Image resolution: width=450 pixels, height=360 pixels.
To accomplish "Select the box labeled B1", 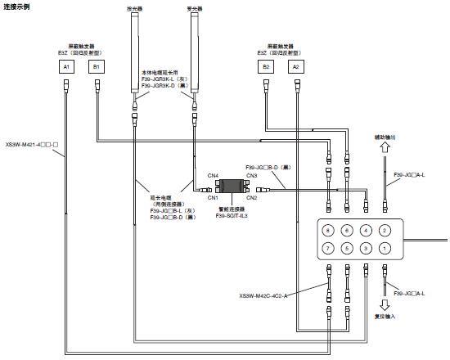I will [x=96, y=65].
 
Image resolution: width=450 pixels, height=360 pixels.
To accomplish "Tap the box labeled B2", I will [x=266, y=65].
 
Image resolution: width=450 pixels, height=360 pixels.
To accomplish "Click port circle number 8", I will [x=327, y=231].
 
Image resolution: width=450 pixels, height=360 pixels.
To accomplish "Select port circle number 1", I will [x=385, y=247].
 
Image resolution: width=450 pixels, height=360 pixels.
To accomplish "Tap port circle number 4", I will [x=366, y=231].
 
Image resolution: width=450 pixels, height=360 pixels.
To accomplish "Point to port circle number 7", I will [x=327, y=247].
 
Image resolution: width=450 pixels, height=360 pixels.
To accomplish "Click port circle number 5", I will [x=347, y=247].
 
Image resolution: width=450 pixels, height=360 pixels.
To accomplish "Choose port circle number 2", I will [x=385, y=231].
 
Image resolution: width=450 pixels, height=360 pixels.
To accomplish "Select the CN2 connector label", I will [x=251, y=198].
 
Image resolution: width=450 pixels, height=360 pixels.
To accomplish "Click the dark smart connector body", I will [x=231, y=187].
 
